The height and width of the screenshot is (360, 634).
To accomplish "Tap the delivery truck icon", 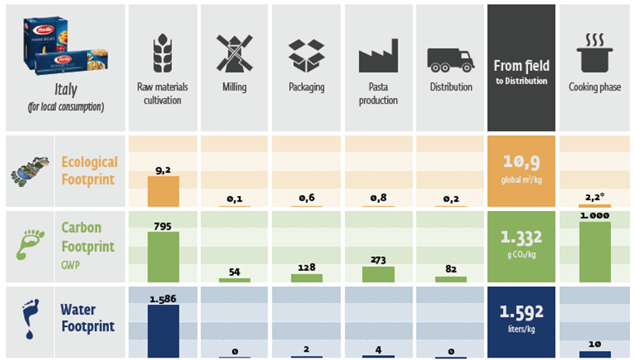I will (x=450, y=58).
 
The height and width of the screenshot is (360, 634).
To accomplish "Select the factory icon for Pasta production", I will (x=378, y=55).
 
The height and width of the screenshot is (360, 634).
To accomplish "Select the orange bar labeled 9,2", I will (x=163, y=190).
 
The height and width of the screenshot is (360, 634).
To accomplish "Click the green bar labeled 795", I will (x=163, y=257).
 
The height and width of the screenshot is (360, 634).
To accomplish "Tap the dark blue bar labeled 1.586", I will (x=163, y=325).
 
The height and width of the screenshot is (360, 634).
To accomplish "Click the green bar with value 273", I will (x=378, y=274).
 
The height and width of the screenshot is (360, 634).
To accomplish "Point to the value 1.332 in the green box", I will (x=521, y=238).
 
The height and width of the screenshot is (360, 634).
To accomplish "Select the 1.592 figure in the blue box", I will (x=521, y=313).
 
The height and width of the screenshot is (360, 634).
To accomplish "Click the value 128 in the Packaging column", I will (x=306, y=267).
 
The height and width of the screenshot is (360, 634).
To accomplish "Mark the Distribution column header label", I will (x=450, y=86).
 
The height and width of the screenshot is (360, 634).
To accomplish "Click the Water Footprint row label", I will (x=89, y=318).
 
